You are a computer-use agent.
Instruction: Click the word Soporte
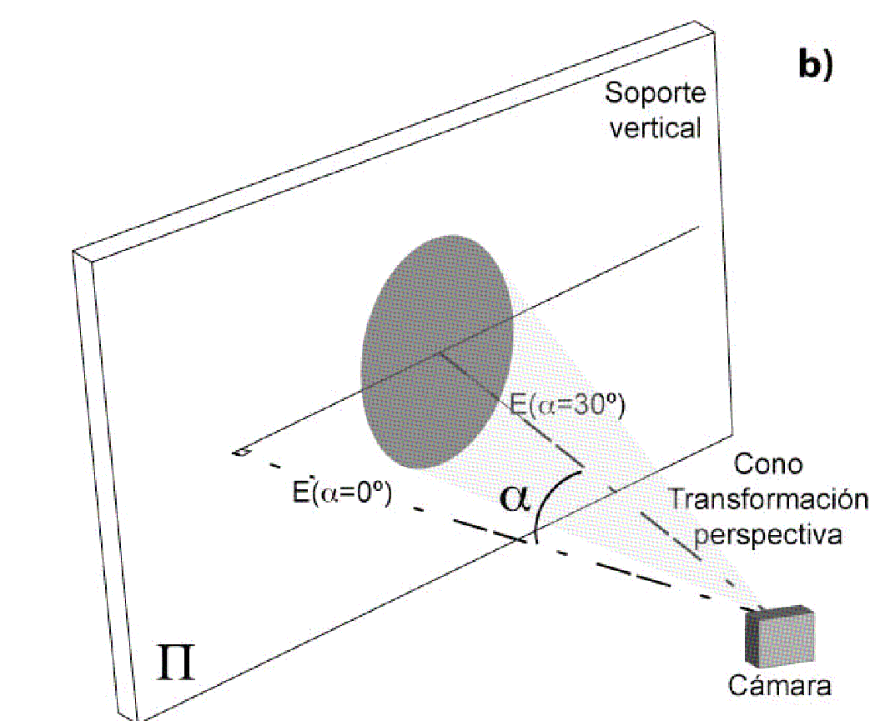[655, 93]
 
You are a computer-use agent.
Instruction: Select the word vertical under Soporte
[654, 129]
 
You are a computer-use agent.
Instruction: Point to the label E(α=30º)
[567, 406]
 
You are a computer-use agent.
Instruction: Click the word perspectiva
[767, 534]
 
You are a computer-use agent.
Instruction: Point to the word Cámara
[779, 685]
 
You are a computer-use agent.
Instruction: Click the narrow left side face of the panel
[107, 483]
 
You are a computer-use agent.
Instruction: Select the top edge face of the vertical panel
[392, 138]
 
